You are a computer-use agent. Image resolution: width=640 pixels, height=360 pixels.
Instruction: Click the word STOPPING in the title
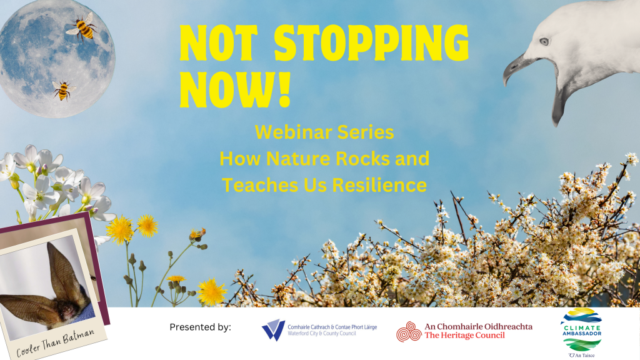tap(371, 43)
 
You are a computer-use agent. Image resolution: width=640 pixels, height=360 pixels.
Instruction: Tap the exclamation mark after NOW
tap(284, 89)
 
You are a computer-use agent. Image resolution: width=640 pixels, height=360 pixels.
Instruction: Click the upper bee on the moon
tap(83, 27)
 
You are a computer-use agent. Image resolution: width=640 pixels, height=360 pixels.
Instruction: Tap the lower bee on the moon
tap(63, 90)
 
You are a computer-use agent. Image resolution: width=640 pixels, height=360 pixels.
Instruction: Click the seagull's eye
tap(544, 41)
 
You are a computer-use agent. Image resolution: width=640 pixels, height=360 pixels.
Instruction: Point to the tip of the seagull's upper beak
tap(505, 84)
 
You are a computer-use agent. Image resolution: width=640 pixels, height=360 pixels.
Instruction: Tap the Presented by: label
tap(200, 327)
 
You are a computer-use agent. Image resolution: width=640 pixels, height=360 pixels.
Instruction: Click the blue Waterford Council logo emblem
tap(273, 330)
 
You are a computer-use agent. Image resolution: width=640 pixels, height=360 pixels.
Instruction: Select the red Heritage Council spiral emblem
tap(409, 331)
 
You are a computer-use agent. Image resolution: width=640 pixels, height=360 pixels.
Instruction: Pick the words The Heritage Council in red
tap(464, 336)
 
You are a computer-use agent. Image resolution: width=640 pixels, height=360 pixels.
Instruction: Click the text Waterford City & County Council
tap(322, 334)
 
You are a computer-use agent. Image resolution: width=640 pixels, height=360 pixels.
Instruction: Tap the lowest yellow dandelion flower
tap(212, 291)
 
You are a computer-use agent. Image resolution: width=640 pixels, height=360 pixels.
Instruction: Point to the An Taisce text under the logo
tap(582, 355)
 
